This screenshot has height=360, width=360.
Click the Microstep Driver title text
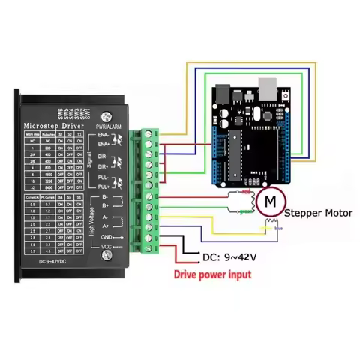coord(53,125)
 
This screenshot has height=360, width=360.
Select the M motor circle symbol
coord(268,201)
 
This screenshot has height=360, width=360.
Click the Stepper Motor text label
coord(318,213)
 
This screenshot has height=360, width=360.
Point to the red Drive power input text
coord(212,274)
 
